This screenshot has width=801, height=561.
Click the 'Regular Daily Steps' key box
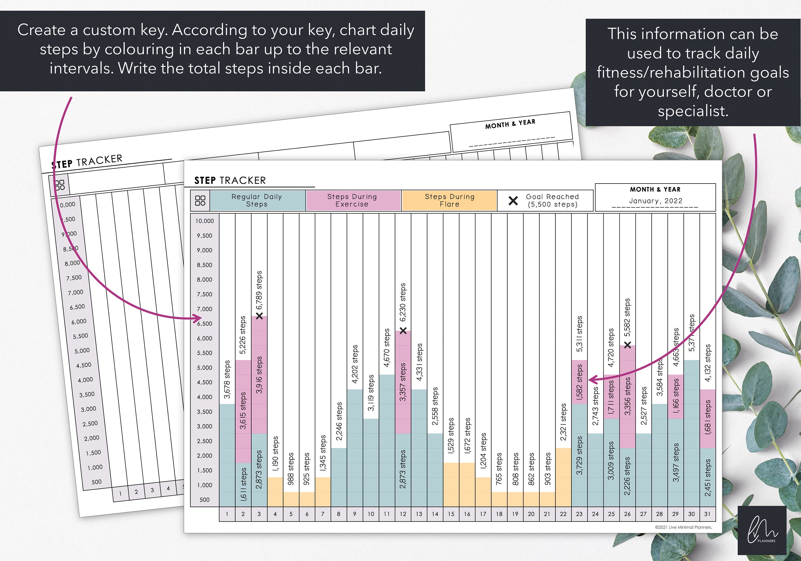(x=257, y=200)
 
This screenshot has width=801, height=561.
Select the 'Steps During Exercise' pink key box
(x=353, y=200)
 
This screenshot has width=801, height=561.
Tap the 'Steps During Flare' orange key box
(x=449, y=200)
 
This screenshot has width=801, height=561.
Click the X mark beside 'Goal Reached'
(x=513, y=201)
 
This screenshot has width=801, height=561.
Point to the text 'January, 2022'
(x=655, y=201)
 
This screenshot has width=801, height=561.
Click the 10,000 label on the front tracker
(x=205, y=221)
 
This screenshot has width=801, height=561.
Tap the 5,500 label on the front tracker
(x=205, y=353)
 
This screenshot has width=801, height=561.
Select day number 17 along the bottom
(x=483, y=514)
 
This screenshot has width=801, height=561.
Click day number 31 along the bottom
(x=707, y=514)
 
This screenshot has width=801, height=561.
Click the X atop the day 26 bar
(x=627, y=345)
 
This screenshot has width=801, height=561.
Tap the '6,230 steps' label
(x=403, y=302)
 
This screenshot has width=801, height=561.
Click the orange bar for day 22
(x=563, y=477)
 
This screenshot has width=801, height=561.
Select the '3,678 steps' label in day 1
(x=227, y=379)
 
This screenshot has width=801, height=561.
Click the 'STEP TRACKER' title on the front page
(x=230, y=181)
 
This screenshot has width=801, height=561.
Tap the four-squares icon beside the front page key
(x=200, y=201)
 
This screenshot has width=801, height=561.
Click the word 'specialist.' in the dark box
(x=693, y=111)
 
